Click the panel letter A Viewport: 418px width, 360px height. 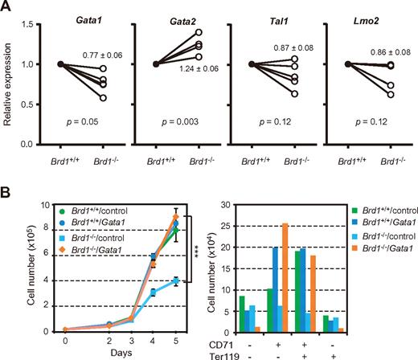click(8, 7)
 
